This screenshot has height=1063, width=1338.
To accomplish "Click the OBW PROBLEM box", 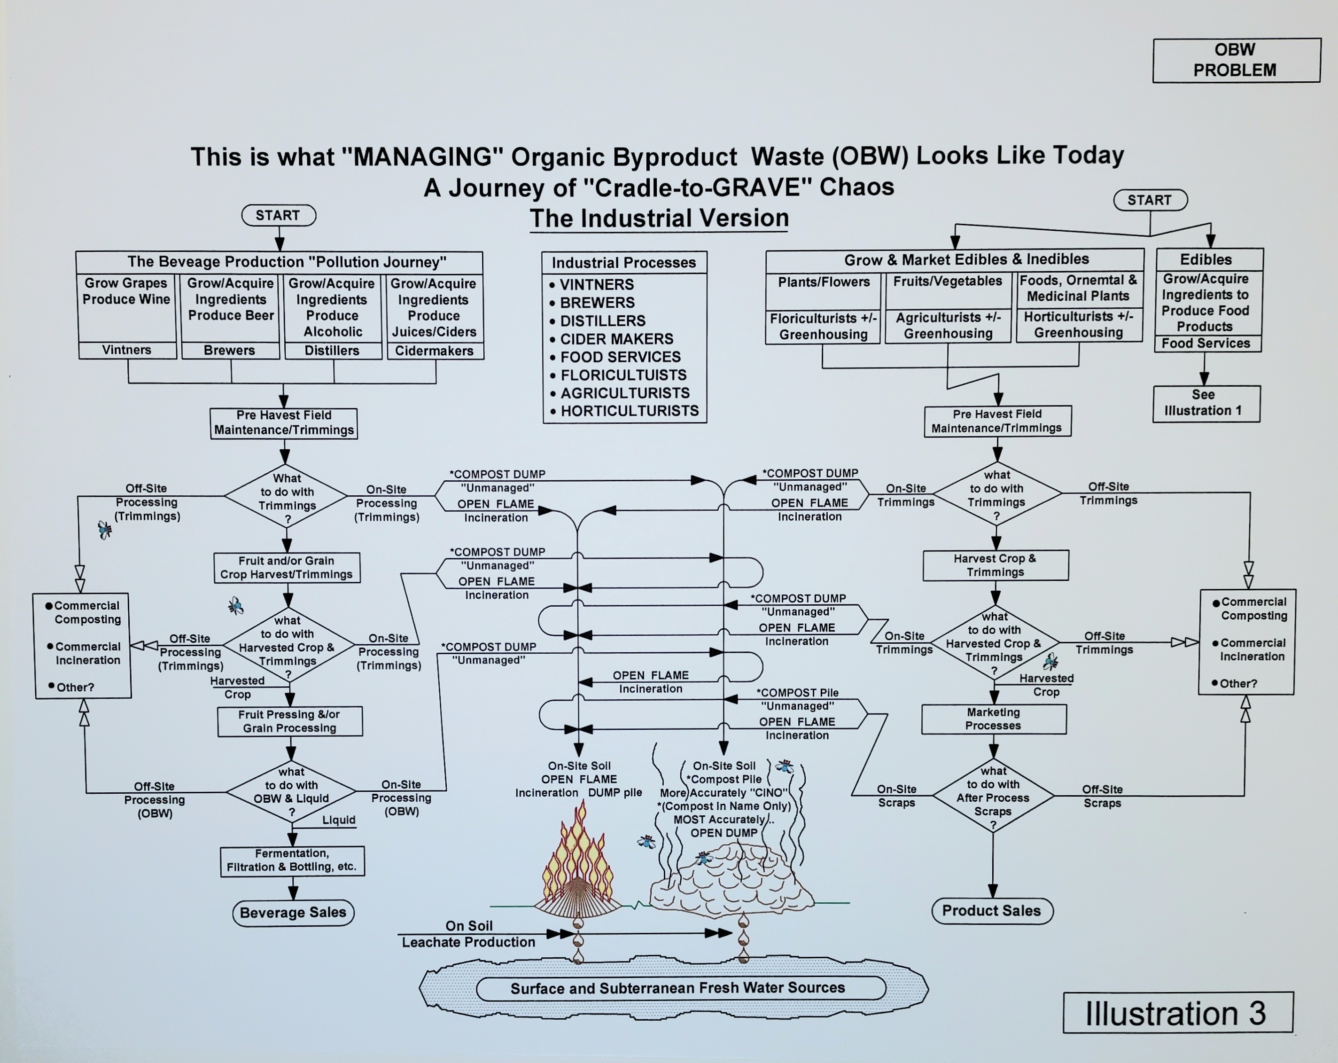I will [x=1236, y=60].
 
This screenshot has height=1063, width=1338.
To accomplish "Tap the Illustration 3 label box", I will [x=1177, y=1013].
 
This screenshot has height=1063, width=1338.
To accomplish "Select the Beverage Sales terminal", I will [x=293, y=913].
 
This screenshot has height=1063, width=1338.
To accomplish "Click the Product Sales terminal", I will [x=992, y=911].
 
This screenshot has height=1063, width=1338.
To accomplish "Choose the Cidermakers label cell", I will [x=435, y=351].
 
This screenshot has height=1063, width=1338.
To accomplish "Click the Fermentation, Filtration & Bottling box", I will [x=292, y=860].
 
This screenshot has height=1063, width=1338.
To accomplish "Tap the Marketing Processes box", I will [x=993, y=719].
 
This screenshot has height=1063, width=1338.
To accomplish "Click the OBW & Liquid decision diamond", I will [x=291, y=792].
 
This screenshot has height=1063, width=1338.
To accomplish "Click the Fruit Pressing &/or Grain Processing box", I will [x=290, y=721].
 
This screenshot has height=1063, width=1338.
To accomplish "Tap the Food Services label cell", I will [x=1206, y=344].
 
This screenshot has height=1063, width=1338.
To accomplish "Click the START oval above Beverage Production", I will [x=278, y=215].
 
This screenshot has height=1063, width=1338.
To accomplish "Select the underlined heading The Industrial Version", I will [x=659, y=219].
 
